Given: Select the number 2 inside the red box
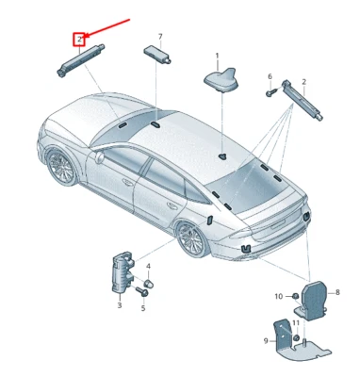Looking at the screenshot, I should [x=79, y=40].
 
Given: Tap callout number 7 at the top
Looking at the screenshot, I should [x=159, y=36].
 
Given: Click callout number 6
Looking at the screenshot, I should [x=269, y=76].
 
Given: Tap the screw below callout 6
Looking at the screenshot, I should [x=270, y=92].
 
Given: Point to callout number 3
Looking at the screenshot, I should [x=119, y=305].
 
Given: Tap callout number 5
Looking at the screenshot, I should [x=143, y=307].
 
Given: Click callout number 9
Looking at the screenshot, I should [x=267, y=340].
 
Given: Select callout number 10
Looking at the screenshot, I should [x=278, y=296].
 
